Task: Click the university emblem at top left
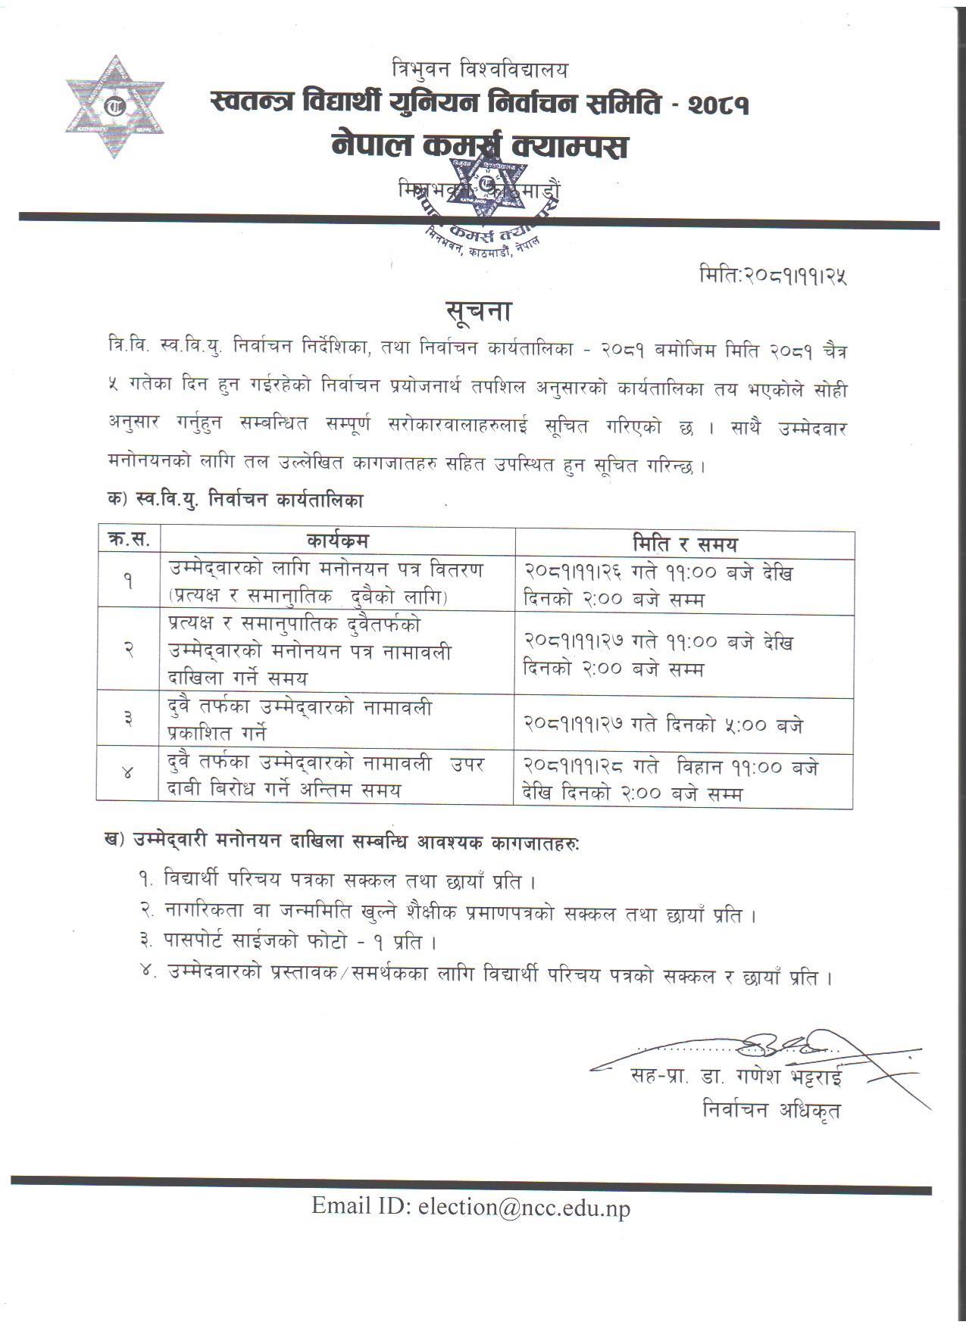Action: pos(114,107)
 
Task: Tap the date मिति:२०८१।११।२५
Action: pos(773,275)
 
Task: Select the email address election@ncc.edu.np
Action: pos(470,1206)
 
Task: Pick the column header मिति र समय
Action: pos(684,544)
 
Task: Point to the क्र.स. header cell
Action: pos(129,540)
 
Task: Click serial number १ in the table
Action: pos(128,581)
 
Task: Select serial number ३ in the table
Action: pos(128,719)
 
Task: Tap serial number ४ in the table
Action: pos(128,773)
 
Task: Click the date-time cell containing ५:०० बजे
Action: pos(663,725)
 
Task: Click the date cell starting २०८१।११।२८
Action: pos(671,780)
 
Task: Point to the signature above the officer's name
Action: pos(788,1047)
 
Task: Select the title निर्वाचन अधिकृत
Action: pos(771,1110)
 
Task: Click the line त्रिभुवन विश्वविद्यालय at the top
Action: pos(479,70)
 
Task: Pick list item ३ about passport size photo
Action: pos(289,942)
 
